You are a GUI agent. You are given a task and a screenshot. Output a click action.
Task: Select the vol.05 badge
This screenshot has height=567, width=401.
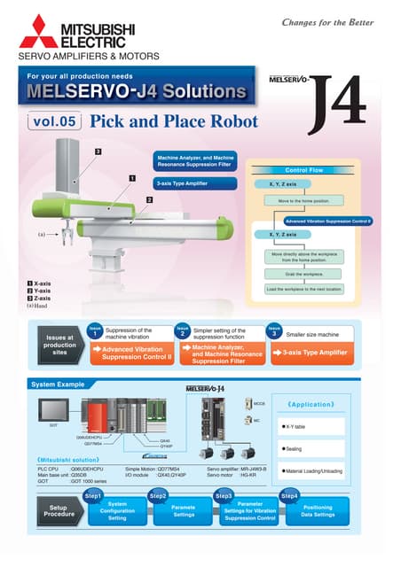(52, 121)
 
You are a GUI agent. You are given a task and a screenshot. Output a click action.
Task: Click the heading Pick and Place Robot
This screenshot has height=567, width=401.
(174, 121)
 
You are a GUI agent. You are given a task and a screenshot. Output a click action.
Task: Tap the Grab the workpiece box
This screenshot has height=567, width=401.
(304, 274)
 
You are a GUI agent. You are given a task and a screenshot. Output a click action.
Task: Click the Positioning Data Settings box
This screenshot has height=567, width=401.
(318, 511)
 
